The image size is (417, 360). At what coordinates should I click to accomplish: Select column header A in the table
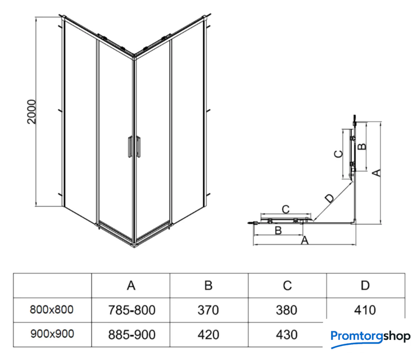131,286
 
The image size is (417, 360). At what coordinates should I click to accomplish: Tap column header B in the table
208,286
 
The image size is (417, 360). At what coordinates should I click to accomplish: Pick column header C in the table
287,286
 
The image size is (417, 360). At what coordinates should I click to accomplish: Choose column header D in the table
365,286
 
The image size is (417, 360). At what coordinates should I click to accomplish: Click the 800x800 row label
52,309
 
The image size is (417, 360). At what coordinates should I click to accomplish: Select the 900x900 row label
52,334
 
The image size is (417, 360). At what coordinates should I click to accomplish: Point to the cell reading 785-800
131,310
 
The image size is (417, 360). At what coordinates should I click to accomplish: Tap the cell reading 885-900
131,335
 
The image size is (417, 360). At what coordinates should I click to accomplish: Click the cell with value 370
208,310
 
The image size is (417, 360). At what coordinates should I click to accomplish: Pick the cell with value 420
208,335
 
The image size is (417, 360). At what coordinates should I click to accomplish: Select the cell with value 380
287,310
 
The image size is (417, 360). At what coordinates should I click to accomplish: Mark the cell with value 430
287,335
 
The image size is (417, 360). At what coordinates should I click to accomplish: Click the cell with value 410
365,310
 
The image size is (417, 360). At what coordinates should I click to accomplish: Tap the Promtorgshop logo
371,337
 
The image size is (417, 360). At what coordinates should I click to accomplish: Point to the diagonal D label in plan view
329,197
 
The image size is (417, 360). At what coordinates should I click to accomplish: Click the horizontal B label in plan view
277,230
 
